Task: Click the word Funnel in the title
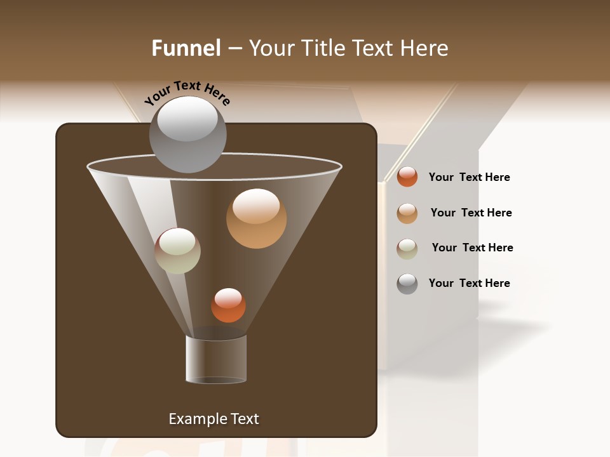pos(186,48)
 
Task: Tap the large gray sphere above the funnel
pos(187,135)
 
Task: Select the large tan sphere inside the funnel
pos(256,218)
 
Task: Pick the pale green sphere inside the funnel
pos(177,251)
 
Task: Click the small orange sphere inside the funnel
pos(228,305)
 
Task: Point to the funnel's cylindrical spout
pos(216,359)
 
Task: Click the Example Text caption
pos(213,419)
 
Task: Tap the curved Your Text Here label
pos(187,93)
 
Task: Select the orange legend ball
pos(407,177)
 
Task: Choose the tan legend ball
pos(407,213)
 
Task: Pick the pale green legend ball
pos(407,249)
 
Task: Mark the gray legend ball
pos(407,284)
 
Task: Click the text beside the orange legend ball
pos(469,177)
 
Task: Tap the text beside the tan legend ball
pos(471,213)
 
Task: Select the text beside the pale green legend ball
pos(472,248)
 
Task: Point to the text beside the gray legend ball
pos(469,283)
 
